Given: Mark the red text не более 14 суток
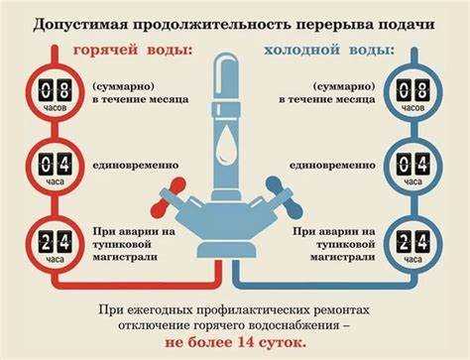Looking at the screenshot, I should [235, 339].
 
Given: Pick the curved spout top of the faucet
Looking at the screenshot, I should [234, 74].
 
